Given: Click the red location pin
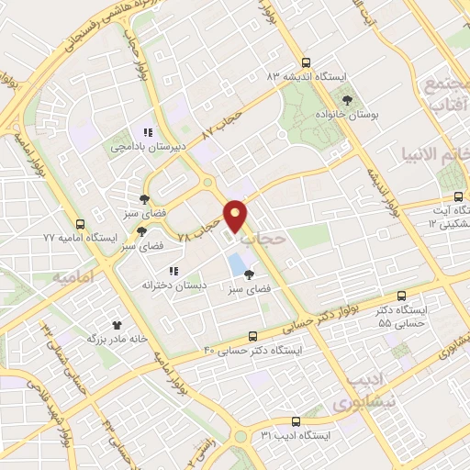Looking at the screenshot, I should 237,216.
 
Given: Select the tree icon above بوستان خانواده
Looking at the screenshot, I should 347,98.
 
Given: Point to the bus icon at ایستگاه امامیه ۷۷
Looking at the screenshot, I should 81,223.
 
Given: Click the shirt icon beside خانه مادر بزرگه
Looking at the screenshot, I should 117,324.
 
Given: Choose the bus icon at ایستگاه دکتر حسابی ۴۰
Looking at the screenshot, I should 254,337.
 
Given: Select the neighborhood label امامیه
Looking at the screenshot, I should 73,276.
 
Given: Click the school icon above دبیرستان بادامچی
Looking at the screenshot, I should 148,132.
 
